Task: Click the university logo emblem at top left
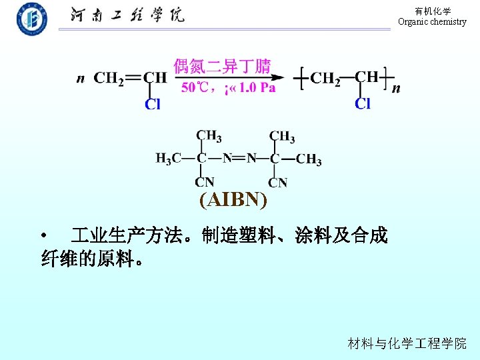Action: (x=32, y=18)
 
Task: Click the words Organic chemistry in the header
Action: (x=432, y=22)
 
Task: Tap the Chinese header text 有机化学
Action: (x=433, y=11)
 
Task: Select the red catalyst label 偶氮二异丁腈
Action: (x=222, y=66)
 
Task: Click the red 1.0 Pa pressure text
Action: (x=257, y=87)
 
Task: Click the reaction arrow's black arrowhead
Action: (x=279, y=77)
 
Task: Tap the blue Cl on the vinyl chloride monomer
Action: (x=153, y=104)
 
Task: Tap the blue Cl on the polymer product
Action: (x=363, y=103)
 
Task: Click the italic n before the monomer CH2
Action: (x=81, y=79)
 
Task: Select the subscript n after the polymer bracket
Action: (x=396, y=87)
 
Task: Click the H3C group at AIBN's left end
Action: (x=168, y=159)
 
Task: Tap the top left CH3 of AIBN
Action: (x=209, y=136)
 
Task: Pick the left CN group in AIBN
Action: (x=205, y=182)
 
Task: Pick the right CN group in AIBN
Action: (x=278, y=182)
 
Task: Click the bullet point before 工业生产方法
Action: (x=44, y=236)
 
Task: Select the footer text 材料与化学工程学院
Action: (x=407, y=343)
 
